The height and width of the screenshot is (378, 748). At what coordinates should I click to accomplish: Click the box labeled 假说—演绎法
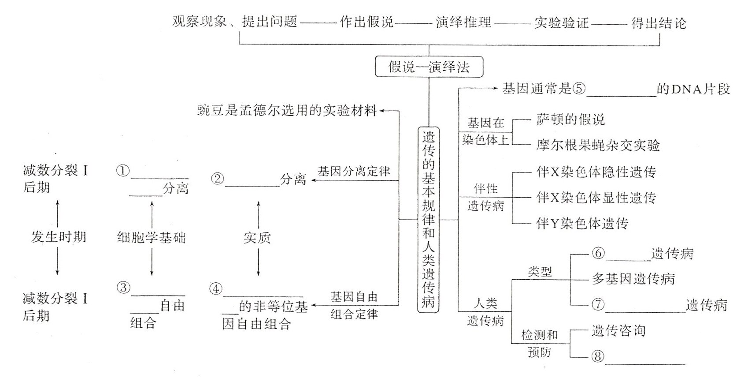pyautogui.click(x=429, y=67)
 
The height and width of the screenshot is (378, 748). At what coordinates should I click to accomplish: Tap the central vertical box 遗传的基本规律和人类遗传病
pyautogui.click(x=428, y=219)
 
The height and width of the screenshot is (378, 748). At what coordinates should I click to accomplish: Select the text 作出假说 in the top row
pyautogui.click(x=367, y=22)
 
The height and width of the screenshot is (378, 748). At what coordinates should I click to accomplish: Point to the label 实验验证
pyautogui.click(x=561, y=22)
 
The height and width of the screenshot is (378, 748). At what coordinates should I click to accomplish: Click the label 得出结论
pyautogui.click(x=659, y=22)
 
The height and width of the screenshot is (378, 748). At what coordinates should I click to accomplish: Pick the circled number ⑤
pyautogui.click(x=579, y=89)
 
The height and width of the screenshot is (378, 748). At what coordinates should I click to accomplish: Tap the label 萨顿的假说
pyautogui.click(x=570, y=119)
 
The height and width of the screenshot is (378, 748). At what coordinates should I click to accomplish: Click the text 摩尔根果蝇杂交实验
pyautogui.click(x=598, y=145)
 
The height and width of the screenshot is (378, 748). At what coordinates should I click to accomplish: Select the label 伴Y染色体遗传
pyautogui.click(x=582, y=223)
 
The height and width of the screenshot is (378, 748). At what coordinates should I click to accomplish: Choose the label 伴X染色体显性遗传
pyautogui.click(x=596, y=197)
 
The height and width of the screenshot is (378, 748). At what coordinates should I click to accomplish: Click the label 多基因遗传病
pyautogui.click(x=633, y=279)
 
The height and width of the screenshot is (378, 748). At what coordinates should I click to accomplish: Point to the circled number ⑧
pyautogui.click(x=598, y=356)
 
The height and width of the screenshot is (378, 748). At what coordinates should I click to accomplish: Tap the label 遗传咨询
pyautogui.click(x=618, y=330)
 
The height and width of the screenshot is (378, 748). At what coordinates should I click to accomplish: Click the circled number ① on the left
pyautogui.click(x=123, y=171)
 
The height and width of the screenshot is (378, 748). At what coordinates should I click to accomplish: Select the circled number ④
pyautogui.click(x=216, y=289)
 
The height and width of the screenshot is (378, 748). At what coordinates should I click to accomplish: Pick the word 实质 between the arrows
pyautogui.click(x=257, y=238)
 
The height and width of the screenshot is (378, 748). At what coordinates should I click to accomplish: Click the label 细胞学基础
pyautogui.click(x=151, y=238)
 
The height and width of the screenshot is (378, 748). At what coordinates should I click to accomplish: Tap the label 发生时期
pyautogui.click(x=58, y=237)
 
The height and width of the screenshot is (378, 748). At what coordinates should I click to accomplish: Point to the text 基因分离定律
pyautogui.click(x=354, y=171)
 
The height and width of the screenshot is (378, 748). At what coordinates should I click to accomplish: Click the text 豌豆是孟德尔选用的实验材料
pyautogui.click(x=287, y=110)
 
